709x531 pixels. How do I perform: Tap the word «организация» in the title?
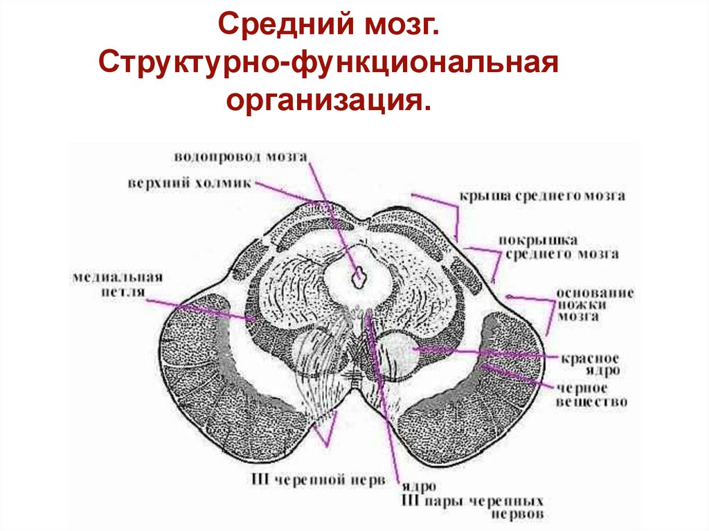(x=328, y=100)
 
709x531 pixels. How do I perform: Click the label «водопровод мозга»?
(x=240, y=156)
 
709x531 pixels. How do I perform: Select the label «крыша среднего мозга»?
(x=542, y=196)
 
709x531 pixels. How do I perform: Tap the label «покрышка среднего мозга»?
(x=559, y=247)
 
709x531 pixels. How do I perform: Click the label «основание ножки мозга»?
(x=595, y=305)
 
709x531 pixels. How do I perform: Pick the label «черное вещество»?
(x=593, y=395)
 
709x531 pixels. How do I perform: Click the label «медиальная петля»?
(x=116, y=285)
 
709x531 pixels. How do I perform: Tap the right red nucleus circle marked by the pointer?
(x=399, y=351)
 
